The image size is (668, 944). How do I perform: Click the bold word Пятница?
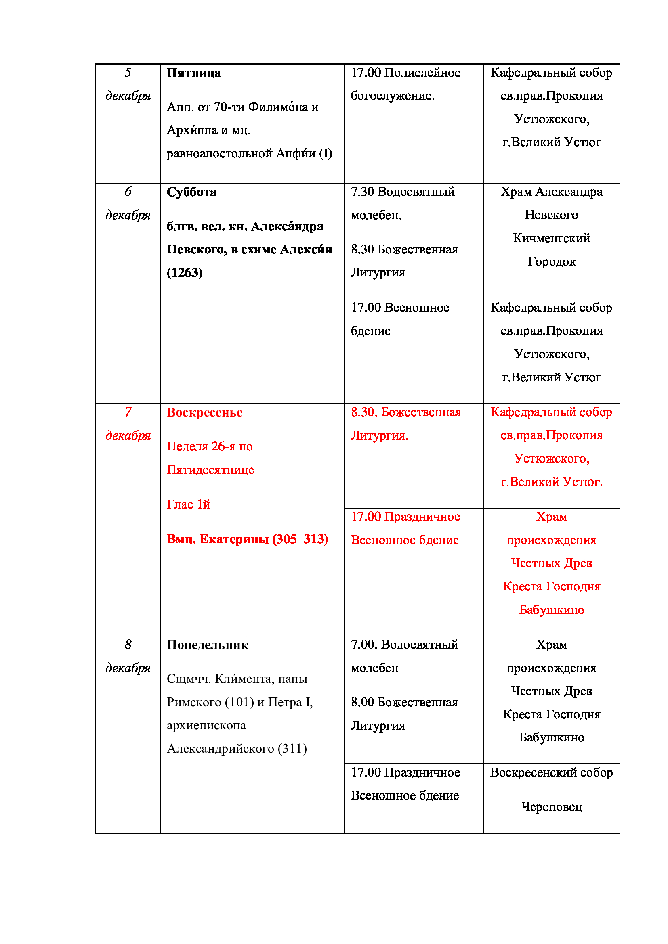193,73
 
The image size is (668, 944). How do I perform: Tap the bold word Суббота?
191,192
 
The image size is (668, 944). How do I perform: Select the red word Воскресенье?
204,412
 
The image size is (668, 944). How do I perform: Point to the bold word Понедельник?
207,645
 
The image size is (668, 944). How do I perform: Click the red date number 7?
128,412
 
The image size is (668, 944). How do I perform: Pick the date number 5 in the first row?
128,73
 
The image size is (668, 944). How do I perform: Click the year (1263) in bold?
185,272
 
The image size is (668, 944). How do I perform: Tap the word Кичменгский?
551,238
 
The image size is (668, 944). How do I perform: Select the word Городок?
551,262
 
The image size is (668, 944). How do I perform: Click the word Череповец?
551,807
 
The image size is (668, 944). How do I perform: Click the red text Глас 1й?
188,504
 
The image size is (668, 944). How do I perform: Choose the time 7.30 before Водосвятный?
362,192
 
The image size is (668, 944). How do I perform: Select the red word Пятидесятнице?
210,470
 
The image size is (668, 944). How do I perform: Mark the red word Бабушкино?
551,610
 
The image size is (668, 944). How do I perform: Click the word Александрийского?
221,749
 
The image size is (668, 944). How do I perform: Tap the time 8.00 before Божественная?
362,702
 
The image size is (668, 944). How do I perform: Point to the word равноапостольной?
220,153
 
